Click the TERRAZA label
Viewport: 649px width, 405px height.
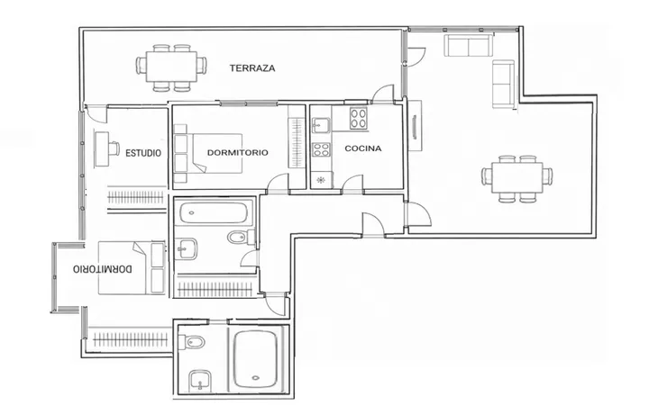tap(252, 68)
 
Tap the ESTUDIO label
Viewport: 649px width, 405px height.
tap(143, 153)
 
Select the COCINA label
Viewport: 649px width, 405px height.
tap(363, 148)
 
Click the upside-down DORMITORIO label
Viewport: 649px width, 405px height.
tap(103, 269)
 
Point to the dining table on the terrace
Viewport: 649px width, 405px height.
tap(171, 67)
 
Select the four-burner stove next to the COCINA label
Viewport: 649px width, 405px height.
tap(359, 118)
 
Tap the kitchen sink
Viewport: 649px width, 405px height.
tap(321, 125)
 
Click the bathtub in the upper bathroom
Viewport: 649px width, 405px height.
tap(214, 213)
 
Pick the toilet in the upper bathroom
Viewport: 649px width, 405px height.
tap(241, 238)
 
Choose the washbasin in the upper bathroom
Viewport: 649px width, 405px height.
tap(186, 249)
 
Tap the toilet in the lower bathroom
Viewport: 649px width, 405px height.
tap(192, 342)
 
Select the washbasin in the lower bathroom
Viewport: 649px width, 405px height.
tap(200, 380)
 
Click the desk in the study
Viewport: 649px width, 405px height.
tap(102, 148)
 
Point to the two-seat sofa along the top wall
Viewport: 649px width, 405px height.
tap(468, 45)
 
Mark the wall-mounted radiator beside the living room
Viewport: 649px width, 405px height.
tap(415, 126)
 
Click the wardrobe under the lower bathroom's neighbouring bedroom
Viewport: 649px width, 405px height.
tap(131, 340)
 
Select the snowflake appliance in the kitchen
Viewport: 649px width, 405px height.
tap(321, 180)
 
